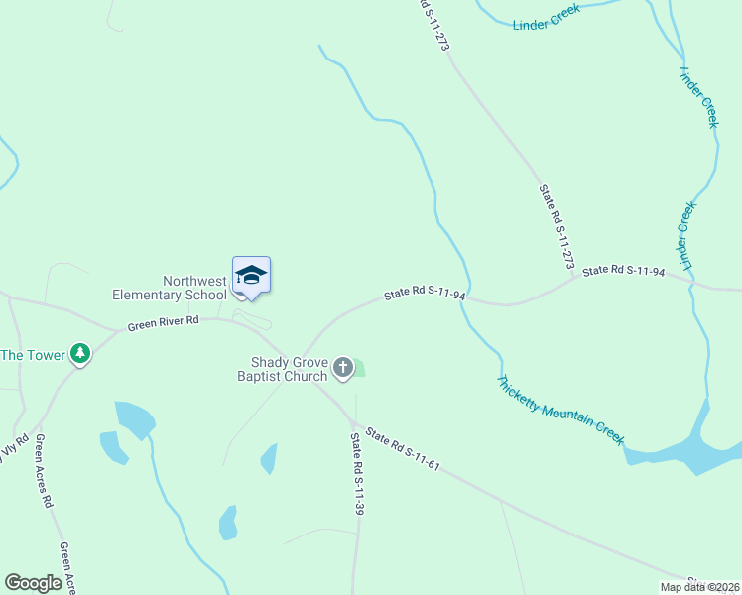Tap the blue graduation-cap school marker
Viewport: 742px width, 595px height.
click(251, 275)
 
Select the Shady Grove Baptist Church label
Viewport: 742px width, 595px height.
click(283, 369)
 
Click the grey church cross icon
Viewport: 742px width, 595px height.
click(342, 369)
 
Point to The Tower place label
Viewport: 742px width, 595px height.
click(33, 354)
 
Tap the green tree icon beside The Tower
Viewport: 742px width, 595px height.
click(80, 354)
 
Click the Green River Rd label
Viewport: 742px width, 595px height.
click(164, 322)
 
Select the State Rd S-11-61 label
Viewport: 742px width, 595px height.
click(402, 448)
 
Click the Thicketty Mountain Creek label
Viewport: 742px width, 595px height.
click(560, 409)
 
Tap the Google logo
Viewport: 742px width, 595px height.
click(34, 583)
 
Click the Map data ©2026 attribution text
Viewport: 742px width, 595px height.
click(698, 587)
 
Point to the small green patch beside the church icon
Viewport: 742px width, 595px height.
click(359, 369)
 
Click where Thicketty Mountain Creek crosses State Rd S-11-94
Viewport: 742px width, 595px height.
click(467, 298)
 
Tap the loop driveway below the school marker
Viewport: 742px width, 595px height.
click(252, 318)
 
